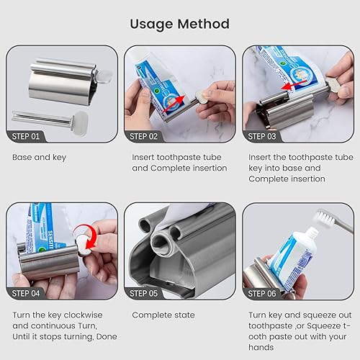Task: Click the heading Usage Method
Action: [x=179, y=24]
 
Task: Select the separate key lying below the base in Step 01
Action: [x=47, y=116]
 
